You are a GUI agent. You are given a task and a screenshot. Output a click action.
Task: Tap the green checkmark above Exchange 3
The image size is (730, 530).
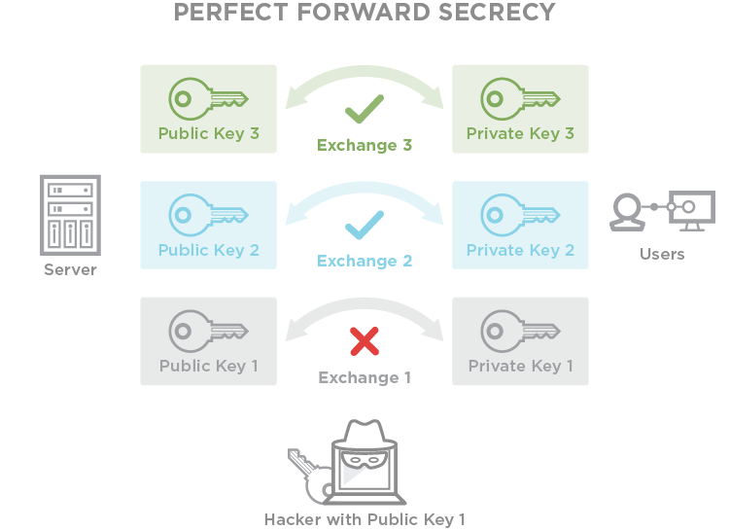tap(364, 109)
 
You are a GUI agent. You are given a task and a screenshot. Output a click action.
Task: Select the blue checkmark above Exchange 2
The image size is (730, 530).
tap(364, 227)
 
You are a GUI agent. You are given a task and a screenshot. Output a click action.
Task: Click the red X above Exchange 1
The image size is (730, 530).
tap(364, 340)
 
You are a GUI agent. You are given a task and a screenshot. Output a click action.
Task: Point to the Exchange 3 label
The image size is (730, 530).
tap(365, 146)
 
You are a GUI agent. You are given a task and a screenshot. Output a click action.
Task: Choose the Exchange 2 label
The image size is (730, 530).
tap(365, 261)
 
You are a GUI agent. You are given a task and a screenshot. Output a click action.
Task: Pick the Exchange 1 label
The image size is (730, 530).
tap(365, 377)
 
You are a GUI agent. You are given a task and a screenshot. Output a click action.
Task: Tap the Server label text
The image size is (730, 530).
tap(70, 269)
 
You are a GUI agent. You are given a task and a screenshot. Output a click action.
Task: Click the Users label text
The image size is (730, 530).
tap(662, 254)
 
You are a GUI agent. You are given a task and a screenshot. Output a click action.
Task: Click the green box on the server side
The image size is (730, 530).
tap(208, 109)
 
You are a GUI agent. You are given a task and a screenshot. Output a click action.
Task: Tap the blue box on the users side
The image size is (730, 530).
tap(520, 225)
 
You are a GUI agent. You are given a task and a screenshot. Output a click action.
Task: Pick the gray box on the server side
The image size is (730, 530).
tap(208, 340)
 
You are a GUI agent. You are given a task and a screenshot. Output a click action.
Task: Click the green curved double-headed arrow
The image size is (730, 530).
tap(365, 78)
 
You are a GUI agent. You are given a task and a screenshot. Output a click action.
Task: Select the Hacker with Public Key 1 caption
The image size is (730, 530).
tap(365, 519)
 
